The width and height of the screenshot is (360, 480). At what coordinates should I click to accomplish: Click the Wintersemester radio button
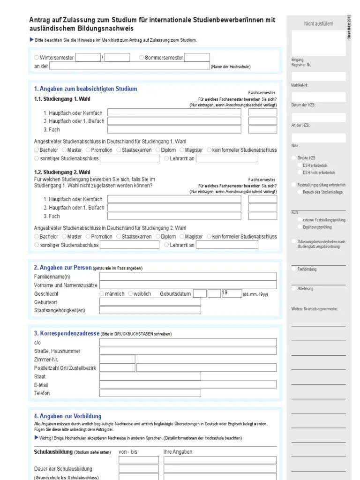coord(37,58)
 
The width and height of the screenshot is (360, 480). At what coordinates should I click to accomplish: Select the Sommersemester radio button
coord(142,58)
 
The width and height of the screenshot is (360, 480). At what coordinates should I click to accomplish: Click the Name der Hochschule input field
coord(129,66)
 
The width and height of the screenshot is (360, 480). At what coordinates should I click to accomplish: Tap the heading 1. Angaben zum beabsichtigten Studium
coord(85,89)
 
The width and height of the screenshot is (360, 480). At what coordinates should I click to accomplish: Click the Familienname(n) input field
coord(187,277)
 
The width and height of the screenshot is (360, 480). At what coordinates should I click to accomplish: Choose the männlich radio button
coord(102,293)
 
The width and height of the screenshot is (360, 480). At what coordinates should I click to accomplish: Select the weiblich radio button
coord(130,293)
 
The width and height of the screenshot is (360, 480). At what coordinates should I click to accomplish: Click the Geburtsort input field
coord(150,302)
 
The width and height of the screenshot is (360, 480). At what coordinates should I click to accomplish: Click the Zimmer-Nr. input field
coord(117,359)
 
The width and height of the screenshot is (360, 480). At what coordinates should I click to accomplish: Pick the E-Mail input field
coord(187,385)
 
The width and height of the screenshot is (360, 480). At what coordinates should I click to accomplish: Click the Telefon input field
coord(187,393)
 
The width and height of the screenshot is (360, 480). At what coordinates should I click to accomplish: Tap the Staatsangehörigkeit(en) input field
coord(150,310)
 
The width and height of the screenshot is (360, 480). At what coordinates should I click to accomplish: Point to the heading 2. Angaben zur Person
coord(63,268)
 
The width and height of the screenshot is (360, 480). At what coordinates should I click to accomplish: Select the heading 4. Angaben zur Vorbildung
coord(67,416)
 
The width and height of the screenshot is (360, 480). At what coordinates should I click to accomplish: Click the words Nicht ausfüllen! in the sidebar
coord(318,23)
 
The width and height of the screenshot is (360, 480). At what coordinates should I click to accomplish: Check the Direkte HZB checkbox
coord(294,158)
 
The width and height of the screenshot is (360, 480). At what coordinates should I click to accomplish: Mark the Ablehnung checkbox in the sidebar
coord(294,289)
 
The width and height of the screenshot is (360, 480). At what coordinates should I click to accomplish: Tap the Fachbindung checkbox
coord(294,269)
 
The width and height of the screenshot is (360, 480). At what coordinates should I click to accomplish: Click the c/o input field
coord(187,342)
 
